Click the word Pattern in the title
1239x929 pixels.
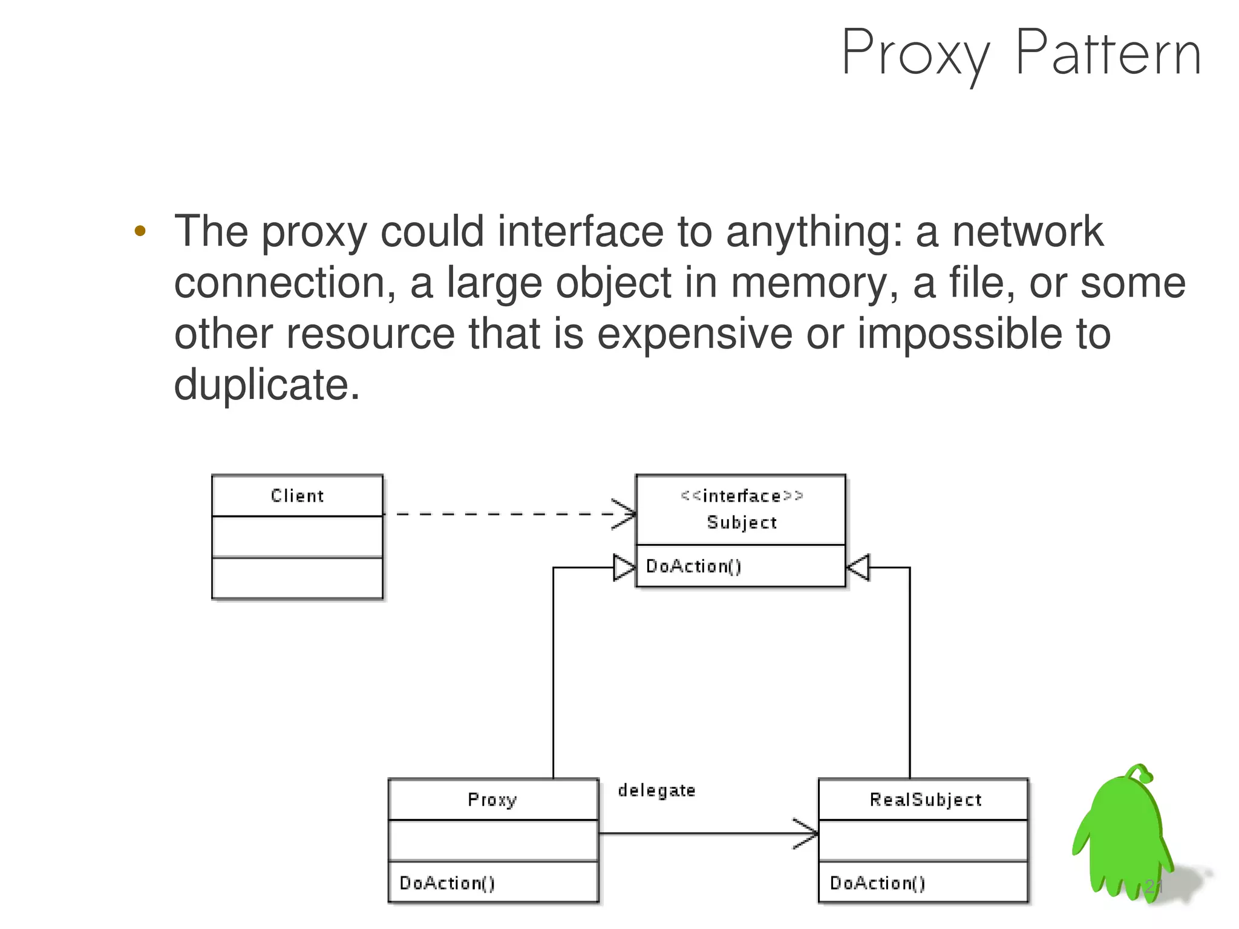tap(1108, 54)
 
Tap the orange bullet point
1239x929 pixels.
tap(140, 231)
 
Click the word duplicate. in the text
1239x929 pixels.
tap(266, 384)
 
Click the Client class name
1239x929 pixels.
tap(297, 496)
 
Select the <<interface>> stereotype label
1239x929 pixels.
tap(742, 496)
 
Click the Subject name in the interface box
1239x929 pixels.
tap(742, 522)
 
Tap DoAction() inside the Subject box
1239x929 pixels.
tap(693, 566)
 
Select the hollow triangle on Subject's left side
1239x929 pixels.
tap(624, 568)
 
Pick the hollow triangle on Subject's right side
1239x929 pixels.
tap(858, 568)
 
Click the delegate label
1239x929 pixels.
tap(656, 790)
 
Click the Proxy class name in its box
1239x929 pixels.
tap(492, 799)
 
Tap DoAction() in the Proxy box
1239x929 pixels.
tap(447, 883)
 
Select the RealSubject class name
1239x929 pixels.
tap(926, 799)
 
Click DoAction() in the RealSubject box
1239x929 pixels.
tap(877, 883)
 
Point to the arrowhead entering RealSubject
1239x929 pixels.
tap(807, 833)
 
